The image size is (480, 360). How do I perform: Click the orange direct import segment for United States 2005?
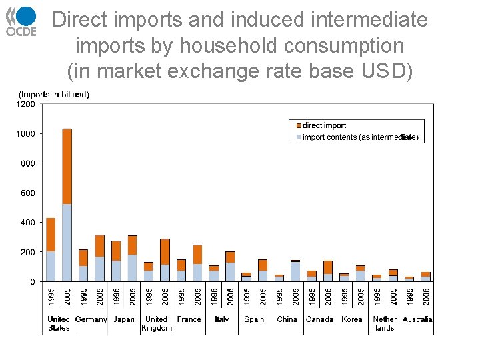pyautogui.click(x=67, y=166)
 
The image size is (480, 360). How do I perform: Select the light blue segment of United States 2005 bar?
pyautogui.click(x=67, y=243)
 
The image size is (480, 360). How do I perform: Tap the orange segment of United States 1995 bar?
pyautogui.click(x=51, y=234)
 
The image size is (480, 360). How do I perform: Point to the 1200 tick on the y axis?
pyautogui.click(x=27, y=104)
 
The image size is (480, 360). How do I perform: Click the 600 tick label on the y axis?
pyautogui.click(x=28, y=193)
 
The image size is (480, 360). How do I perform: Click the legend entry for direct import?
pyautogui.click(x=324, y=125)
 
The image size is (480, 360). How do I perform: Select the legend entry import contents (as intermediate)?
pyautogui.click(x=360, y=137)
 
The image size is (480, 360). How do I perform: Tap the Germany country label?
pyautogui.click(x=91, y=319)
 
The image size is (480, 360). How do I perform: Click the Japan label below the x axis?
pyautogui.click(x=124, y=319)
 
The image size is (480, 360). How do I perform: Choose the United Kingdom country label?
pyautogui.click(x=157, y=323)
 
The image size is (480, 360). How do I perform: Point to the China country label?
pyautogui.click(x=287, y=319)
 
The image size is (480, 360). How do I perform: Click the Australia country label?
pyautogui.click(x=417, y=319)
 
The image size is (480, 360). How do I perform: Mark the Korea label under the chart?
pyautogui.click(x=352, y=319)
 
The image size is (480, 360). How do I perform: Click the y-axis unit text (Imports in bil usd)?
pyautogui.click(x=54, y=95)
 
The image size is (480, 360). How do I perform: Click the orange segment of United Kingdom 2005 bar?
pyautogui.click(x=165, y=251)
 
